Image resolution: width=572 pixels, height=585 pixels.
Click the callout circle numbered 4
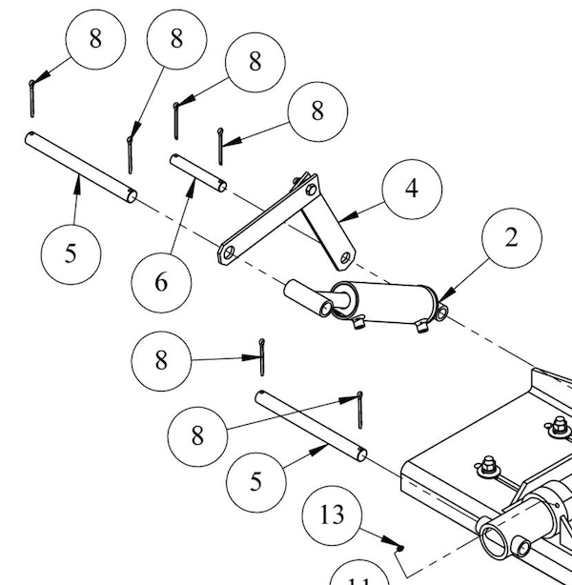(x=411, y=189)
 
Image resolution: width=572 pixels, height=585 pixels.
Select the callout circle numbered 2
(x=511, y=238)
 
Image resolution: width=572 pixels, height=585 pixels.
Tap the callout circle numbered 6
(x=161, y=281)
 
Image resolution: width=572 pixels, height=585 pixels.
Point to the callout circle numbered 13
(x=332, y=515)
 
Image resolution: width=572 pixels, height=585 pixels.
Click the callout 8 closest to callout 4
(x=317, y=111)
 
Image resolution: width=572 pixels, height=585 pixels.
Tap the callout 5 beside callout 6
(x=71, y=255)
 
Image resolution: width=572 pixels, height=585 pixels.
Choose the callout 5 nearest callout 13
(x=255, y=480)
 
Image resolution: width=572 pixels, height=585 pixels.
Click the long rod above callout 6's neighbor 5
(x=80, y=168)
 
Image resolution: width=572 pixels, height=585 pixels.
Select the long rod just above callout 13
(x=309, y=424)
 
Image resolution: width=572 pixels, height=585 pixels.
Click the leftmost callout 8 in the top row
(x=94, y=39)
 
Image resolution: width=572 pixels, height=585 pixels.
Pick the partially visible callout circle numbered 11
(x=361, y=577)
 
